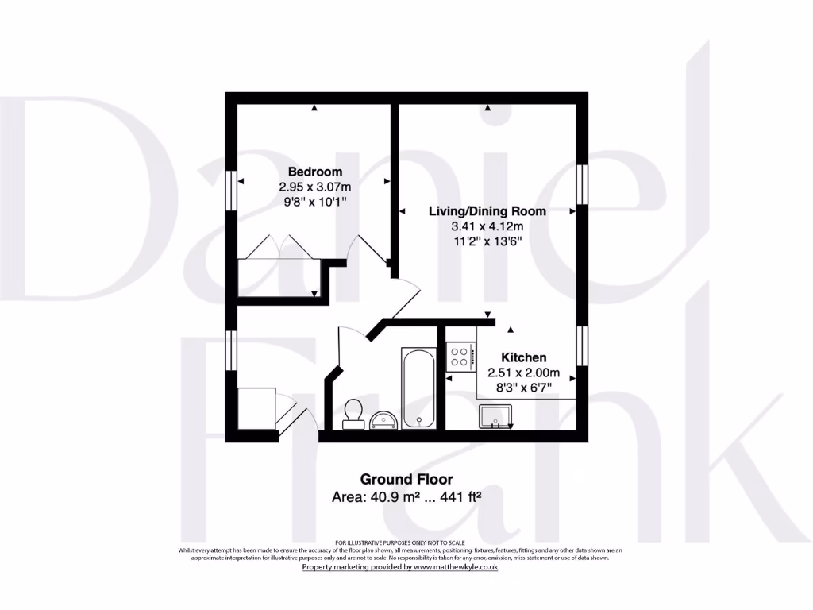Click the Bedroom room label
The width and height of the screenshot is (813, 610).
315,172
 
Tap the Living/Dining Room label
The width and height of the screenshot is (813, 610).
487,211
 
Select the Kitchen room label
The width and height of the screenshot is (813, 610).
523,357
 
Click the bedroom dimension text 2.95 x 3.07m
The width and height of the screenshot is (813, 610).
315,187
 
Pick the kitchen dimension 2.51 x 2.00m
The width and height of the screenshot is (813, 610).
523,373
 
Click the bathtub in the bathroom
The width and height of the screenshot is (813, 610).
418,388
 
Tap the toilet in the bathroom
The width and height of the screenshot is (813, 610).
353,413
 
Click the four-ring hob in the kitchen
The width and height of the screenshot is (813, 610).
460,355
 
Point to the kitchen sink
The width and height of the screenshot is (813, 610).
496,415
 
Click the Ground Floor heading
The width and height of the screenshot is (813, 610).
406,479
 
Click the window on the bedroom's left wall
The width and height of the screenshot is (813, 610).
231,191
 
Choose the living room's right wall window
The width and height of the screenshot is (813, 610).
582,184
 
